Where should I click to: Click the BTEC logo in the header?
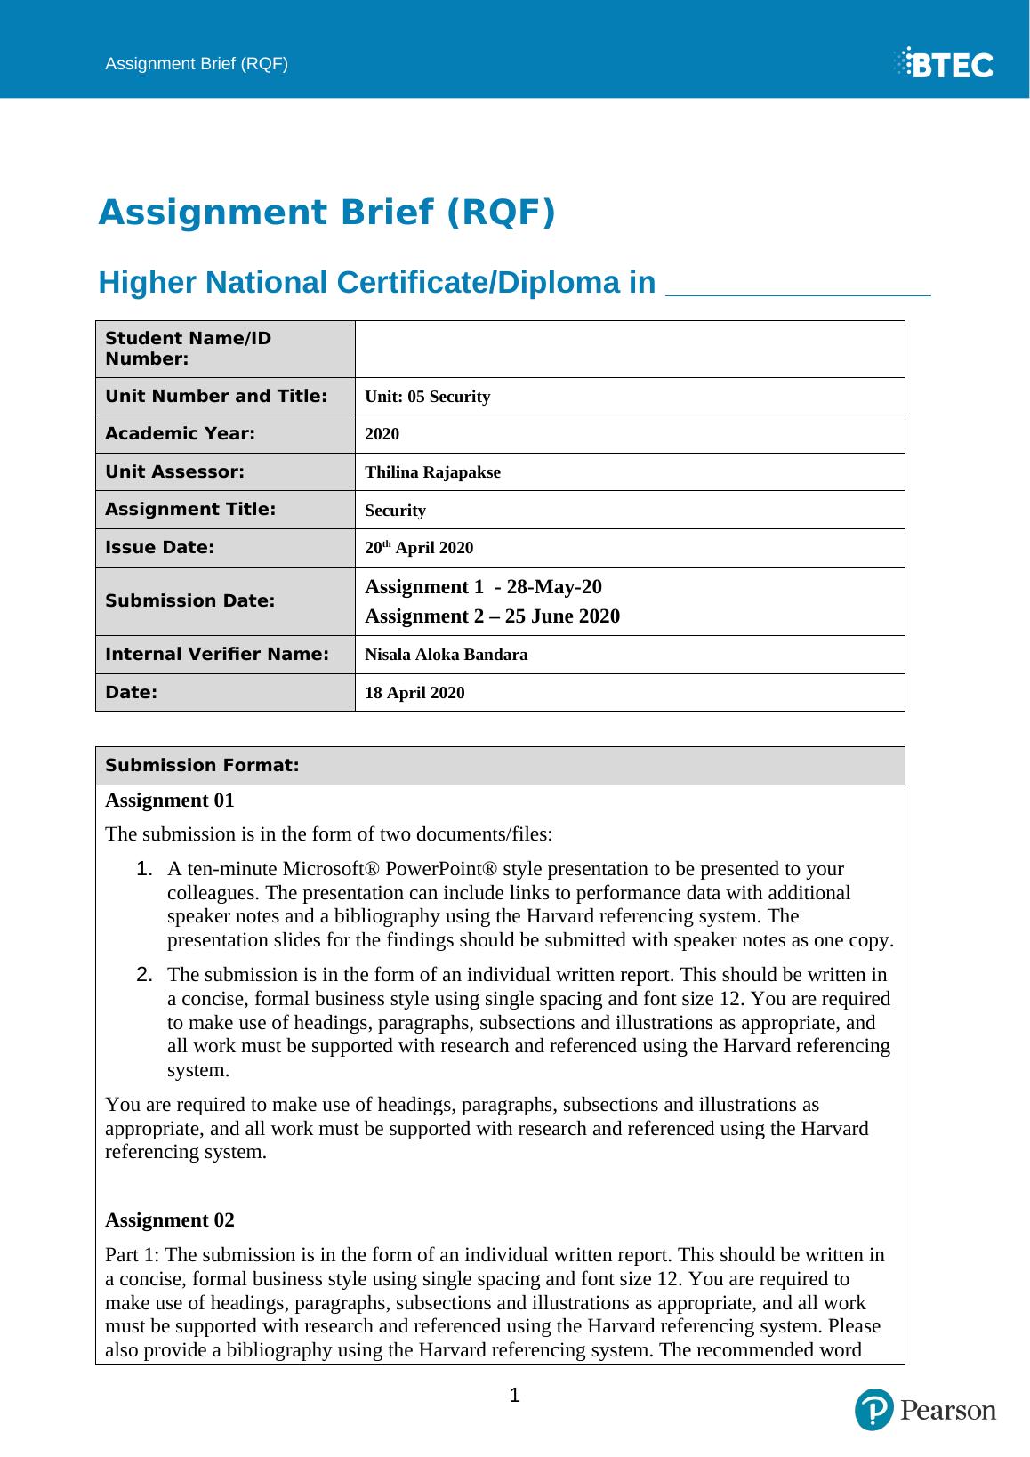point(944,64)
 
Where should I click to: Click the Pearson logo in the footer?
point(925,1410)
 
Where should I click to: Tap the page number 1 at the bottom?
point(514,1395)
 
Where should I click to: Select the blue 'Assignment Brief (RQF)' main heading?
point(326,213)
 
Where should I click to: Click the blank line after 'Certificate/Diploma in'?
point(798,286)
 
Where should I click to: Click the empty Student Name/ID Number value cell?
point(629,349)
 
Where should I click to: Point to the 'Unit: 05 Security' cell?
point(428,397)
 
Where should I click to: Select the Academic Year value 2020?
point(382,434)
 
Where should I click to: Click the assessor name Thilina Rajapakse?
point(433,472)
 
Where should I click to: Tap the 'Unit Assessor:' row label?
point(175,471)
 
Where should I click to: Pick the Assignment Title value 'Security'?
point(396,511)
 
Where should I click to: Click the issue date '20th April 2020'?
point(419,548)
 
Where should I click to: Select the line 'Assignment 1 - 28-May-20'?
point(483,587)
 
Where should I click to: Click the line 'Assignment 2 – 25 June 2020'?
point(492,616)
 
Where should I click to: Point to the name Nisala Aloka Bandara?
point(447,655)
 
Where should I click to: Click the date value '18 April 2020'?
point(414,693)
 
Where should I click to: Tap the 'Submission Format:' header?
point(202,766)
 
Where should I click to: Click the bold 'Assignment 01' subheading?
point(170,801)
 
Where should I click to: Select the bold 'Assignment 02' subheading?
point(170,1220)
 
